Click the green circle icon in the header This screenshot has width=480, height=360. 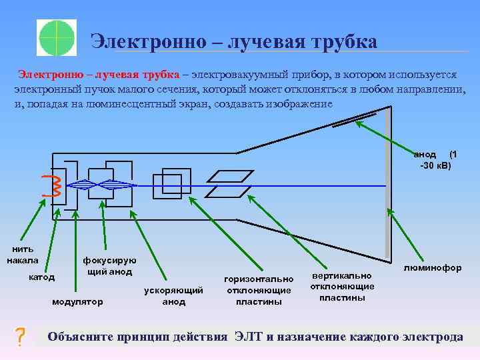coord(57,37)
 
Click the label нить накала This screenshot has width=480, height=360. coord(23,255)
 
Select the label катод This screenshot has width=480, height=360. coord(41,276)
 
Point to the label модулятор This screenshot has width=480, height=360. coord(78,302)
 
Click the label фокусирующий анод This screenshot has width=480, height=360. coord(109,266)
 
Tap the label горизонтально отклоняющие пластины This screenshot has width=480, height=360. coord(259,290)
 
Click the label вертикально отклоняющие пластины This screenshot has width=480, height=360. coord(342,286)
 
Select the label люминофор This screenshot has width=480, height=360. coord(433,267)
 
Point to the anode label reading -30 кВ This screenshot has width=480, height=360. coord(435,165)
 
